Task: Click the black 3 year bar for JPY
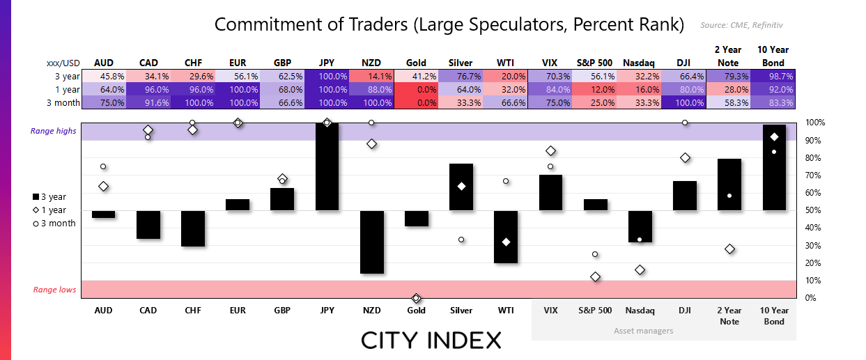327,167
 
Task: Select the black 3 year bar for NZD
371,242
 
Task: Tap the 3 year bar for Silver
461,187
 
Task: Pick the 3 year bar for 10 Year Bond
774,167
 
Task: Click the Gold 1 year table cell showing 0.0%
417,89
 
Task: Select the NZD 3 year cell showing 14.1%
371,76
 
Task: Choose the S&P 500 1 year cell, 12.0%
595,89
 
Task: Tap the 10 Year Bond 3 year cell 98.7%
774,76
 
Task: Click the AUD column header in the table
103,63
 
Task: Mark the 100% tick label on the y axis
815,123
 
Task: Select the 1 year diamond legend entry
49,210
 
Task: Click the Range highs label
53,131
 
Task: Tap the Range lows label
54,290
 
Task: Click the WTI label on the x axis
506,311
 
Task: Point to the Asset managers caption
643,331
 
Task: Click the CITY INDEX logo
431,341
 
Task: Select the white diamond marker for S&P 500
595,276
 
